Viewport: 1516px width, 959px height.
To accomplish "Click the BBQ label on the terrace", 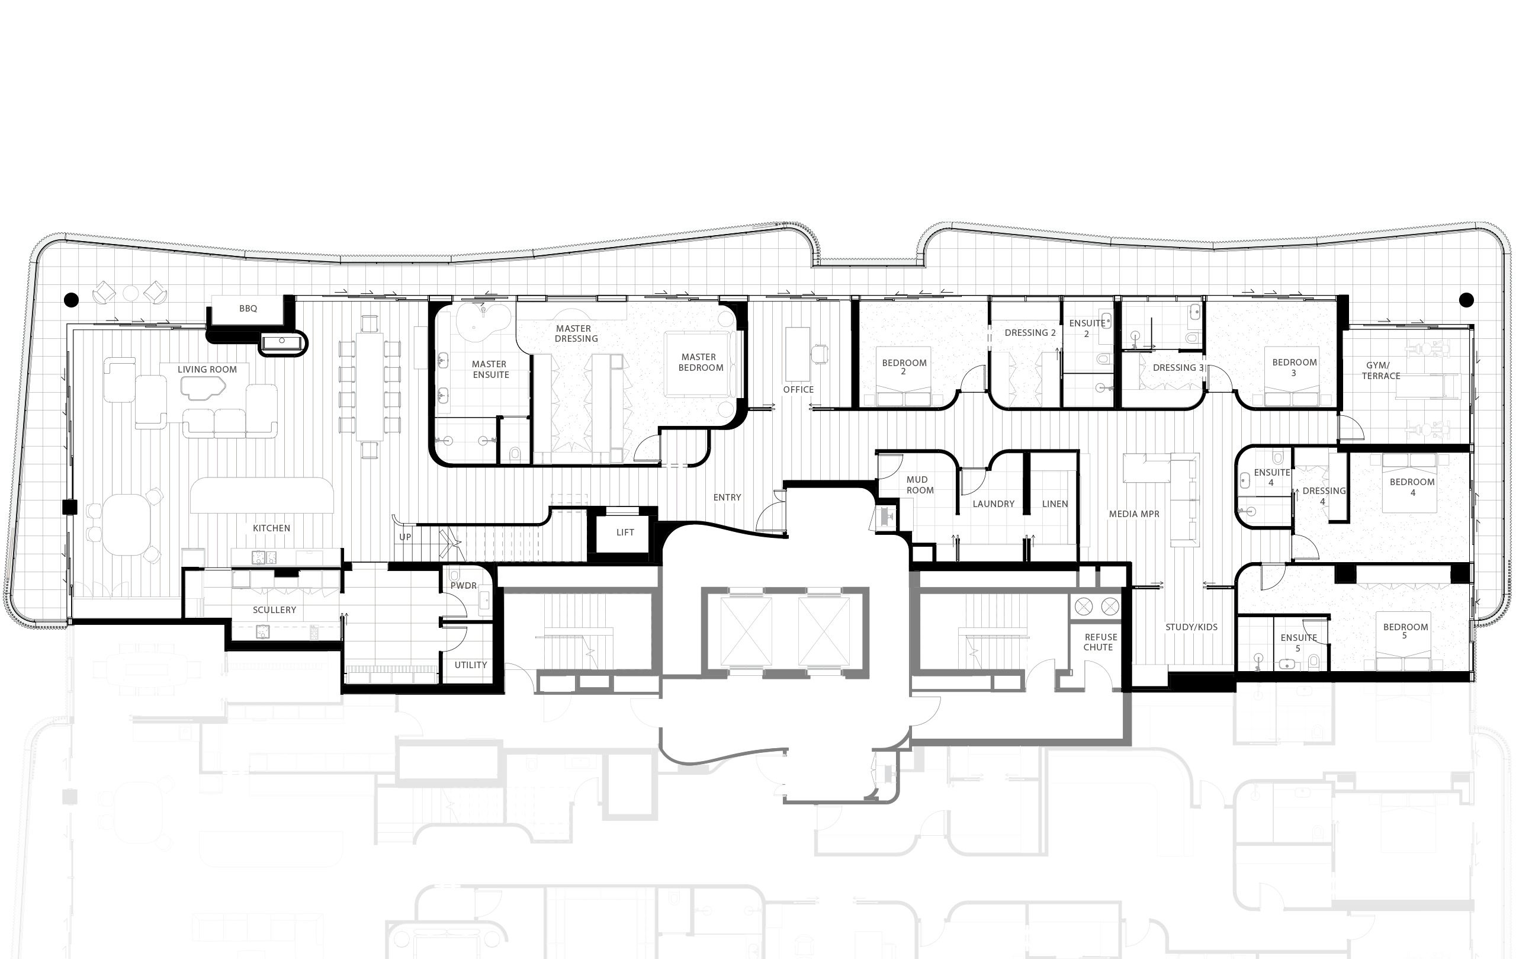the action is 248,309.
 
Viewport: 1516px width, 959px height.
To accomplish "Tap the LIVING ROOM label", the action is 207,370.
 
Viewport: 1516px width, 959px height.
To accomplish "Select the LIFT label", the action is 625,532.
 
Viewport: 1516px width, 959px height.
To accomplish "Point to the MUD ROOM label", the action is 920,485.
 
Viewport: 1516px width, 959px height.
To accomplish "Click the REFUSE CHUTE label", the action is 1100,642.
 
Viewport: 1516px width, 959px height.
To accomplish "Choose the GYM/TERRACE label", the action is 1380,371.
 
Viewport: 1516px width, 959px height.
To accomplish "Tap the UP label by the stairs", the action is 406,537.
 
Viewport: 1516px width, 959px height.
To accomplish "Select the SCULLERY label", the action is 275,610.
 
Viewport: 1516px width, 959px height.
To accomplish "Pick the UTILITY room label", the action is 471,665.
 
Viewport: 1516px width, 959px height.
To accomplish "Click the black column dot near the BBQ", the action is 72,300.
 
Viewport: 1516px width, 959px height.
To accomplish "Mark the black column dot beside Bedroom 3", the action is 1466,300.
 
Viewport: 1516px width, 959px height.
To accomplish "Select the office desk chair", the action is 820,354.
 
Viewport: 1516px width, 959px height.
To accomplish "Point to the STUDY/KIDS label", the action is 1191,627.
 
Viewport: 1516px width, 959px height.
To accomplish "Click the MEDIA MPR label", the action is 1134,514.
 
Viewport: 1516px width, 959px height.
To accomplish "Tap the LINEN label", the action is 1055,503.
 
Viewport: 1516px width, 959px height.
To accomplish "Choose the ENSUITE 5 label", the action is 1298,643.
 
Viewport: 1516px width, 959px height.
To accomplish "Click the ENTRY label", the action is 727,498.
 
